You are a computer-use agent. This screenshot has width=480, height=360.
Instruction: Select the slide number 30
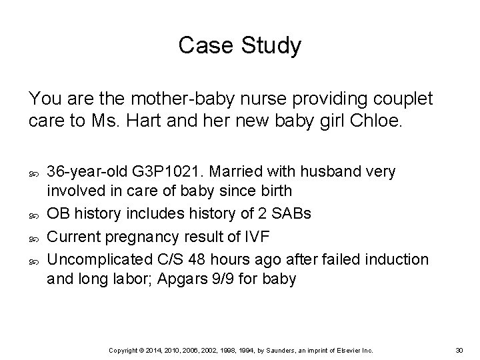(x=459, y=350)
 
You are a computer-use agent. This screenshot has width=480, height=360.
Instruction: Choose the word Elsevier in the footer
(x=347, y=350)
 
